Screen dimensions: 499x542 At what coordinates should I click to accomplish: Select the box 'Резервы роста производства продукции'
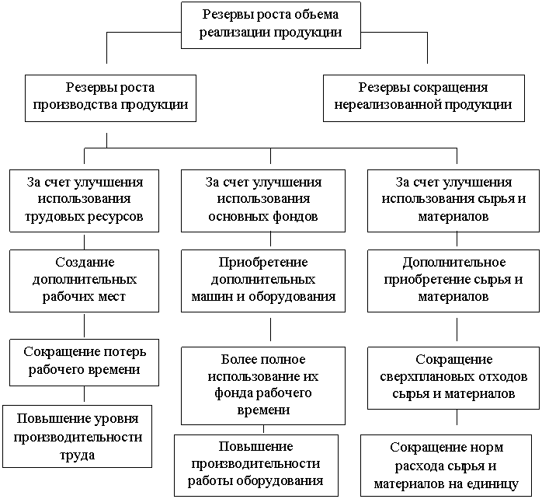[110, 97]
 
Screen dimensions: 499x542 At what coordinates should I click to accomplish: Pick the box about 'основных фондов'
[264, 201]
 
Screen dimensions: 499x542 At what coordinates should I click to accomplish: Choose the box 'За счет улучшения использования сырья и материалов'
[453, 201]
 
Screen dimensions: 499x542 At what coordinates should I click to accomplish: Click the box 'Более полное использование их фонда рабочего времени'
[262, 385]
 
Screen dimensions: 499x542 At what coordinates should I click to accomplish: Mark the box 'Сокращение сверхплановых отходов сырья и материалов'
[453, 377]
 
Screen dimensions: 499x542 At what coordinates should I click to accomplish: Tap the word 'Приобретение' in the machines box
[264, 262]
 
